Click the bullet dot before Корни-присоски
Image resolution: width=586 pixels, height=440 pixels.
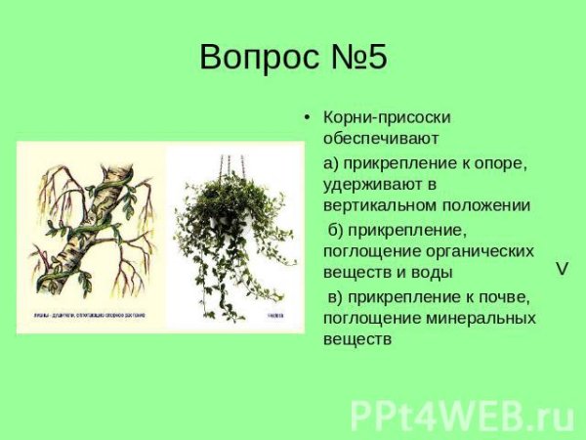coord(307,117)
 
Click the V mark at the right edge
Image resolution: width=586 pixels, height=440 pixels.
coord(563,268)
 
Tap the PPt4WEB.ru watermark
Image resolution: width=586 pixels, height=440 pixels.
coord(462,415)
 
